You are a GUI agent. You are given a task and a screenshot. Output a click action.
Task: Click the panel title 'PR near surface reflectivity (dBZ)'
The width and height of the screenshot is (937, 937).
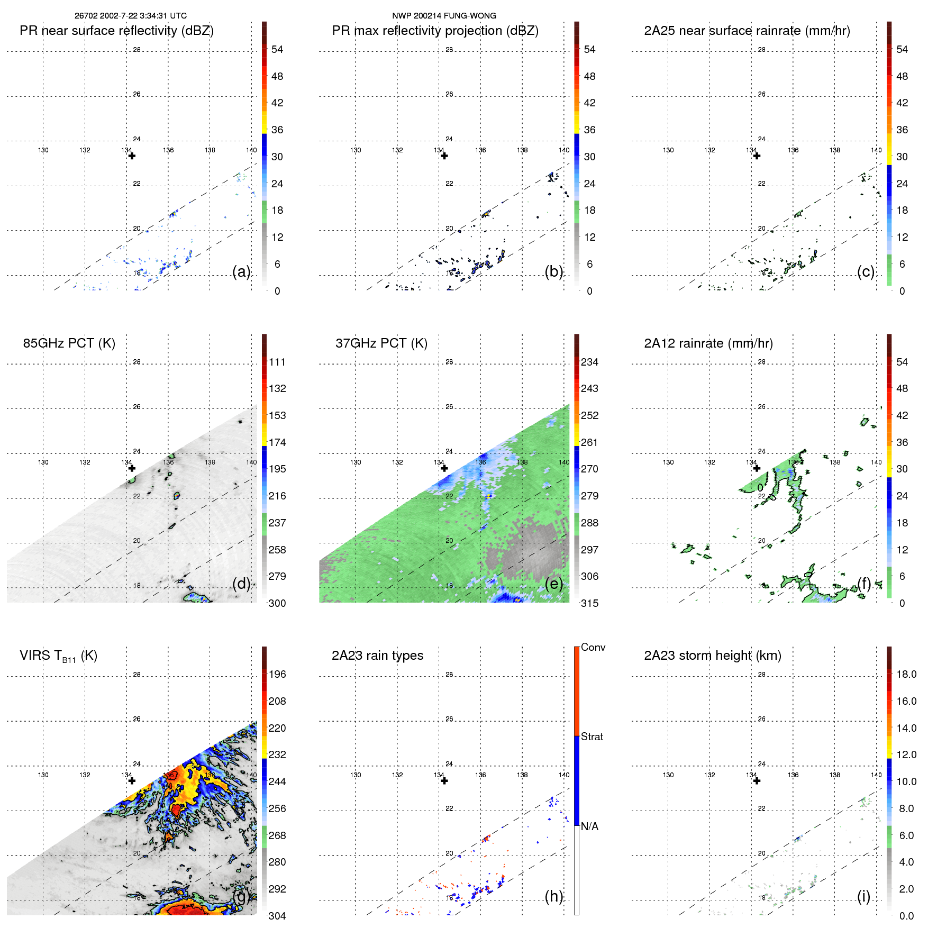tap(116, 31)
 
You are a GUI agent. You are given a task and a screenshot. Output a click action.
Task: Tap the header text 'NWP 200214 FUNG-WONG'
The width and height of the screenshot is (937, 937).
tap(444, 16)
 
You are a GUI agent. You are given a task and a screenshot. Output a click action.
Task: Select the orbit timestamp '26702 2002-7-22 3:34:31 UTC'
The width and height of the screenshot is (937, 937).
tap(131, 16)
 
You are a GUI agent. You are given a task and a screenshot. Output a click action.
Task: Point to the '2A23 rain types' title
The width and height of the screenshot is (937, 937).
tap(377, 656)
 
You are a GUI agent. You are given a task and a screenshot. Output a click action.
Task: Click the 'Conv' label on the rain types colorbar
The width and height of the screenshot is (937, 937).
tap(593, 647)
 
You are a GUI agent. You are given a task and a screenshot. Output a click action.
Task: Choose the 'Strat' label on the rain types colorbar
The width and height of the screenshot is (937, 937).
tap(592, 736)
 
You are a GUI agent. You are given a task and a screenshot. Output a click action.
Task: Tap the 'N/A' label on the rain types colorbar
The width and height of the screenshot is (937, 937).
tap(589, 826)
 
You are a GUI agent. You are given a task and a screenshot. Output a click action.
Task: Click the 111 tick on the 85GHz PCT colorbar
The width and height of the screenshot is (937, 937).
tap(277, 362)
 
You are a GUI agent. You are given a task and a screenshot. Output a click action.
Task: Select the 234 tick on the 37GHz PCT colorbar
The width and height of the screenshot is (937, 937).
tap(589, 362)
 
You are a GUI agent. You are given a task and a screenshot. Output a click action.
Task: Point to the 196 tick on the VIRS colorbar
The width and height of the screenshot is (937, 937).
tap(277, 674)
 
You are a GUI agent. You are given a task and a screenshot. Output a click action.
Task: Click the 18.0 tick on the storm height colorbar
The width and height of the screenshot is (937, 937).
tap(906, 674)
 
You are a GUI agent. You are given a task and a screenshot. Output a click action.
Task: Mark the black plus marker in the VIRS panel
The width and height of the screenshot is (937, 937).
tap(132, 781)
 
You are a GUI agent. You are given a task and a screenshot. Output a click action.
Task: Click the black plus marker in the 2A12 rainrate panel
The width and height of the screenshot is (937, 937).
tap(757, 468)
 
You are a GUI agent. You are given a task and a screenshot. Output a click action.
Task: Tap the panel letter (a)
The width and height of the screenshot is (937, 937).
tap(241, 271)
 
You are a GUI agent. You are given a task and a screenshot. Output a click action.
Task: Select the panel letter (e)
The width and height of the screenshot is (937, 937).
tap(554, 584)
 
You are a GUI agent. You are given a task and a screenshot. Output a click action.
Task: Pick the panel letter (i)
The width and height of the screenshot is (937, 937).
tap(863, 896)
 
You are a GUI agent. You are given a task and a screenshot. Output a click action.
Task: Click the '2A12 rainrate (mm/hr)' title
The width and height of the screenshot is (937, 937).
tap(708, 343)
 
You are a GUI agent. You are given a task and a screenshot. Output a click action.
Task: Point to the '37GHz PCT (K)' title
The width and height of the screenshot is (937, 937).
tap(381, 343)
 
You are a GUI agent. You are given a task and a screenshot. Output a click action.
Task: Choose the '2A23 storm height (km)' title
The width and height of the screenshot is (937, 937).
tap(712, 656)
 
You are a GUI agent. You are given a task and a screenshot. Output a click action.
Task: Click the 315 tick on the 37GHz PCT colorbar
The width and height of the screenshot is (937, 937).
tap(589, 603)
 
